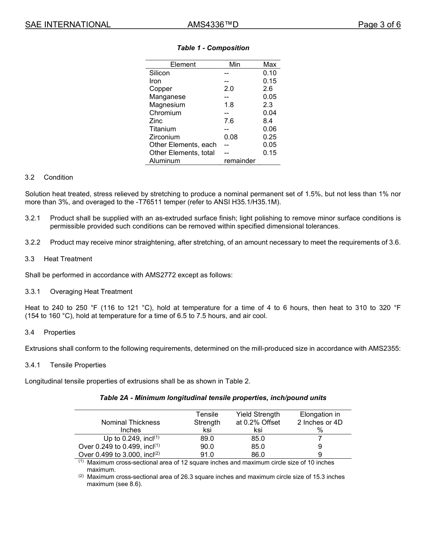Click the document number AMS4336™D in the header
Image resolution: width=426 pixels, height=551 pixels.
tap(213, 25)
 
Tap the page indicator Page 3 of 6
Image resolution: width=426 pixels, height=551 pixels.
tap(379, 25)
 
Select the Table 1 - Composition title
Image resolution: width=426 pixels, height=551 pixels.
tap(213, 48)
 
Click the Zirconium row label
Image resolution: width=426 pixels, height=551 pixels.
tap(164, 137)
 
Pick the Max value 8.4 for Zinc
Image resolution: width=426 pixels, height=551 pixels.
tap(268, 121)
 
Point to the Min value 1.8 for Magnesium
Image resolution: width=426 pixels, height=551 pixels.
tap(229, 105)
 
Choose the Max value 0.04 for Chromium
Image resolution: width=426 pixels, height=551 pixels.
tap(270, 113)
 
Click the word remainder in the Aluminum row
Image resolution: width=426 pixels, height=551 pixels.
tap(239, 161)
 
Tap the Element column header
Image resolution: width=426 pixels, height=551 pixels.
tap(183, 65)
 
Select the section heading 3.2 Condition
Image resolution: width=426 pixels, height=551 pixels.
tap(49, 177)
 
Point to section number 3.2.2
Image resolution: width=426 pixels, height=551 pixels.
tap(33, 242)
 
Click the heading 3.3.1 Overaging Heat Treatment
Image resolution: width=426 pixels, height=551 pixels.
tap(78, 292)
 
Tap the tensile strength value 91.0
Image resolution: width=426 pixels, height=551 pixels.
tap(207, 455)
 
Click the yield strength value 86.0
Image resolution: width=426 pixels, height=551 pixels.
tap(258, 455)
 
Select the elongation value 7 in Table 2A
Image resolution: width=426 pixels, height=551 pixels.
tap(320, 439)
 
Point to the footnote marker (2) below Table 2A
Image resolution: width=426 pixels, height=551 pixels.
tap(81, 476)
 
